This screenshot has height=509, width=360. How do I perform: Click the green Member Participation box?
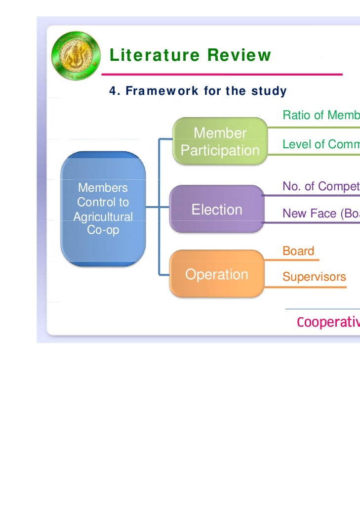pyautogui.click(x=220, y=141)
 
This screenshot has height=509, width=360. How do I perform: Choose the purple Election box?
pyautogui.click(x=217, y=210)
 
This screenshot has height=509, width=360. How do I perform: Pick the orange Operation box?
pyautogui.click(x=216, y=274)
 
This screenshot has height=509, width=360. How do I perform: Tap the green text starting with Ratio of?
pyautogui.click(x=321, y=116)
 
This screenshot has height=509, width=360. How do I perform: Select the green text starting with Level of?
pyautogui.click(x=321, y=144)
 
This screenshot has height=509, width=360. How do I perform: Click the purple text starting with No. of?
pyautogui.click(x=321, y=186)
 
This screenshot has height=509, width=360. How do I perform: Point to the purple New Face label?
pyautogui.click(x=321, y=213)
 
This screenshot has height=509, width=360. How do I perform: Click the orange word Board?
pyautogui.click(x=298, y=251)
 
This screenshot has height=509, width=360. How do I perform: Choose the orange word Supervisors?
pyautogui.click(x=314, y=277)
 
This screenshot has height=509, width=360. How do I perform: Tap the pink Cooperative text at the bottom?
pyautogui.click(x=328, y=322)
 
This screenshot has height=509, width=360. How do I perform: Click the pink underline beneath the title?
pyautogui.click(x=222, y=75)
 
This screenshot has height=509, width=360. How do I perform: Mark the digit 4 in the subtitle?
pyautogui.click(x=112, y=91)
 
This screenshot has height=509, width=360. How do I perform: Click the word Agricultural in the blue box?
pyautogui.click(x=103, y=217)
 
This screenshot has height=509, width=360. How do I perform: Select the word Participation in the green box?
pyautogui.click(x=220, y=150)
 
